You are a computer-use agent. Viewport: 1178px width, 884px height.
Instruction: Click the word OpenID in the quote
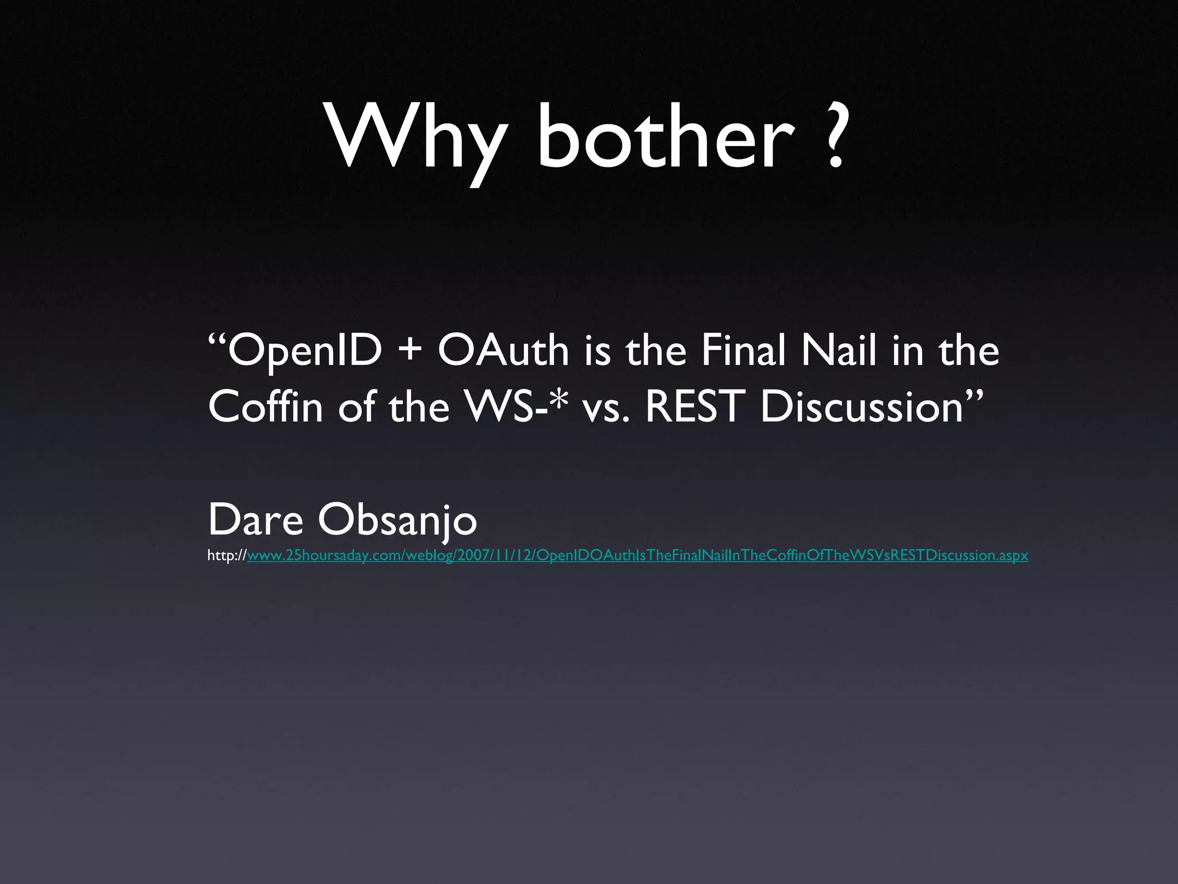[x=305, y=351]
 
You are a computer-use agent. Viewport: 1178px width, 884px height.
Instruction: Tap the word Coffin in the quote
[x=265, y=406]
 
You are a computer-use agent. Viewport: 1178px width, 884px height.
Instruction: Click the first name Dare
[x=255, y=520]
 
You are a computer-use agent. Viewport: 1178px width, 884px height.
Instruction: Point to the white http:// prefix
[x=227, y=555]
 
